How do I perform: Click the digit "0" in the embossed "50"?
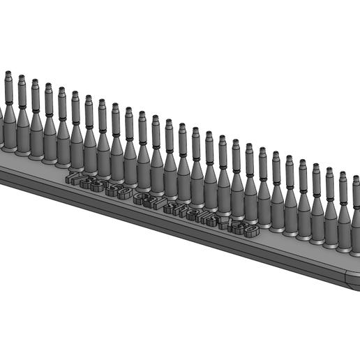(x=123, y=194)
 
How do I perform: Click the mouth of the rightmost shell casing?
(x=357, y=179)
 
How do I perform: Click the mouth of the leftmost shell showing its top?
(x=8, y=73)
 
